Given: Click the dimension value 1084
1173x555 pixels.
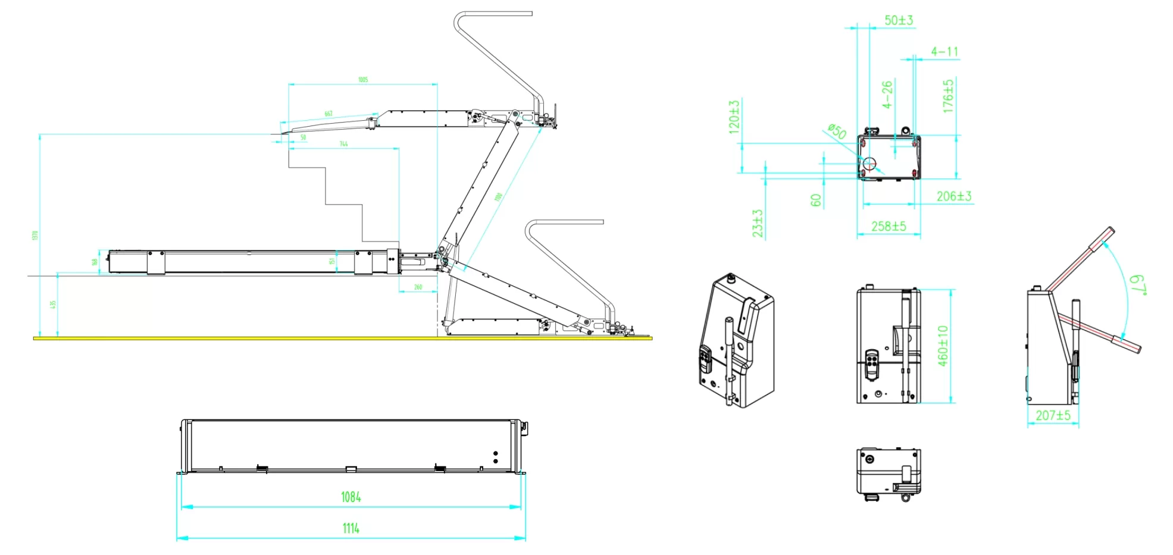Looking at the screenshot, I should pos(351,497).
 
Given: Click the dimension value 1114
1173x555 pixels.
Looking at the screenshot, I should pos(351,528).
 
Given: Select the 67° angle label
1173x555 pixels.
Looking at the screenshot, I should pos(1137,284).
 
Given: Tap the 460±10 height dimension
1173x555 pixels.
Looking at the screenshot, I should pos(943,346).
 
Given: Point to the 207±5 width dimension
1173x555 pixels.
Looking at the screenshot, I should pos(1053,415).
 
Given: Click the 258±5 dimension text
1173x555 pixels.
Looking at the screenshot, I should pos(889,227).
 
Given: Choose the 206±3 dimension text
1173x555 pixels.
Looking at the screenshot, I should pos(953,196).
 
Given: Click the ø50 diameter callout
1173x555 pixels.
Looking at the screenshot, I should pos(837,131).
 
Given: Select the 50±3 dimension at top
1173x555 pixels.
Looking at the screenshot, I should pos(898,20).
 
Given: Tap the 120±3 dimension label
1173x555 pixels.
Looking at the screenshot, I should pos(734,116).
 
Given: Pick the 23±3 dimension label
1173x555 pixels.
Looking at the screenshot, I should pos(757,224).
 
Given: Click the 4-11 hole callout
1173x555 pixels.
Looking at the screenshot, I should pos(944,52).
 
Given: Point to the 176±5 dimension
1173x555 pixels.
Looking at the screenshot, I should pos(948,96).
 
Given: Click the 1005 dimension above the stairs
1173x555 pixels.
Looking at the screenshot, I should pos(363,80).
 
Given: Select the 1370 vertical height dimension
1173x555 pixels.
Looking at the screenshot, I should pos(35,236).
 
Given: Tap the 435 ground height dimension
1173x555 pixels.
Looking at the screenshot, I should pos(53,305).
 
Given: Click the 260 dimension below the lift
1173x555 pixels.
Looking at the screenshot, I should pos(418,287).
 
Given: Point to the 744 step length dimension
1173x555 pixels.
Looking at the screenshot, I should pos(343,144).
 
